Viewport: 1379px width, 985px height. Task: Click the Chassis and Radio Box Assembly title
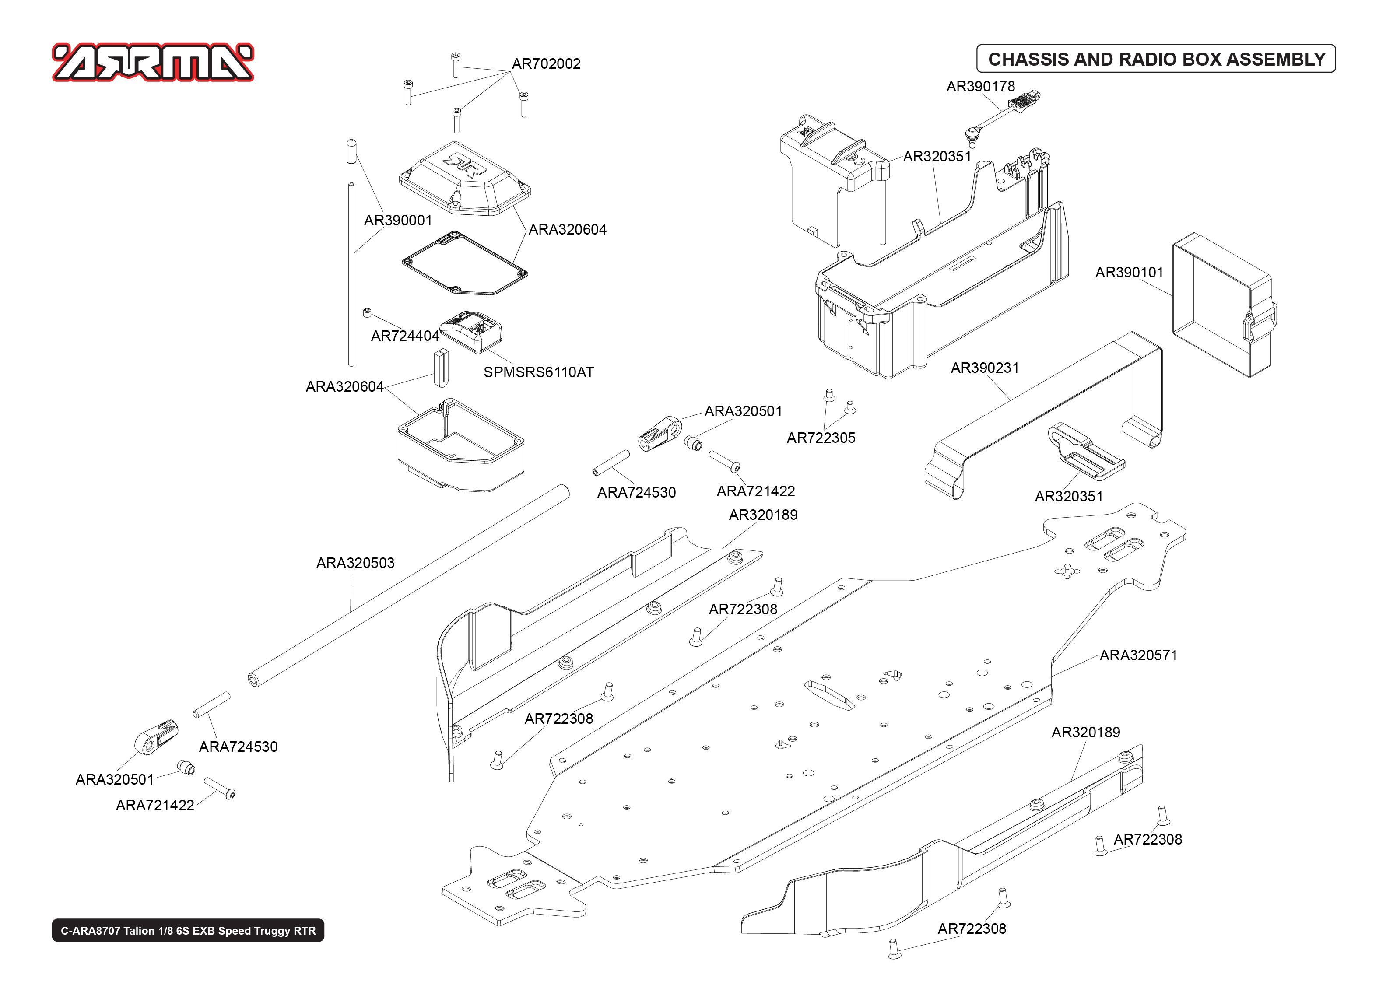pos(1156,59)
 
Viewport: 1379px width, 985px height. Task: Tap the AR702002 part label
pos(546,64)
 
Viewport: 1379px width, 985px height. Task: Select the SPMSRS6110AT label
pos(538,372)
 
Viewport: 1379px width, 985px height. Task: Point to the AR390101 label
pos(1129,272)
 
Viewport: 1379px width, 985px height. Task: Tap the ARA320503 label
pos(355,563)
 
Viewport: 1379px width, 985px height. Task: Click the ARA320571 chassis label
pos(1138,655)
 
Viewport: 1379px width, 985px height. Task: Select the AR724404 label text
pos(404,336)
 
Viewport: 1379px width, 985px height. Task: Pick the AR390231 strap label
pos(984,368)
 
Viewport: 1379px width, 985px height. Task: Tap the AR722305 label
pos(821,438)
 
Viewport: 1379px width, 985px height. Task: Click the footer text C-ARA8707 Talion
pos(188,930)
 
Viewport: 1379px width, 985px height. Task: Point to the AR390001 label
pos(397,220)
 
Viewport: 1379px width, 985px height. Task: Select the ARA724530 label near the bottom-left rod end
pos(239,747)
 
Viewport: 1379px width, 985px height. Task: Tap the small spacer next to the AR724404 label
pos(366,313)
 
